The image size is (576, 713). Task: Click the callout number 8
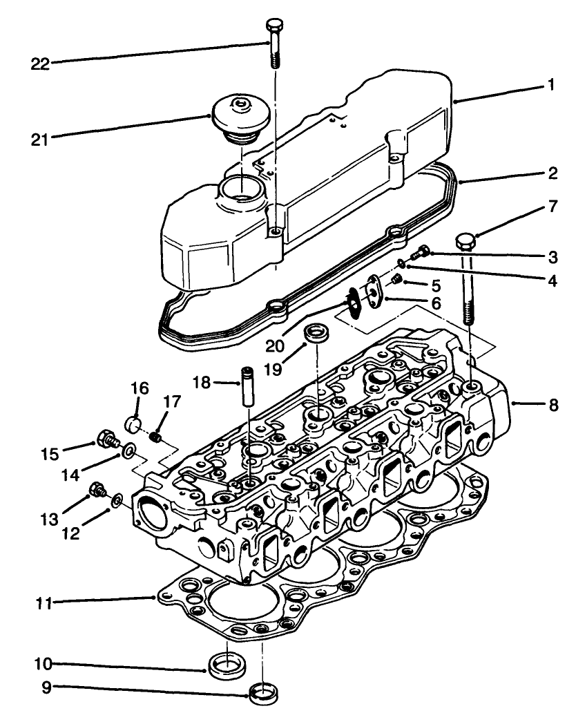(553, 405)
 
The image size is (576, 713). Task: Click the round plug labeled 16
(133, 423)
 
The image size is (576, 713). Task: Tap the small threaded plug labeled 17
(156, 437)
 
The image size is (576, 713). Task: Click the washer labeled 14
(128, 452)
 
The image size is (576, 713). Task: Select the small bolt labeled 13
(96, 491)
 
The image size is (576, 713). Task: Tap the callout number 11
(44, 602)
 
